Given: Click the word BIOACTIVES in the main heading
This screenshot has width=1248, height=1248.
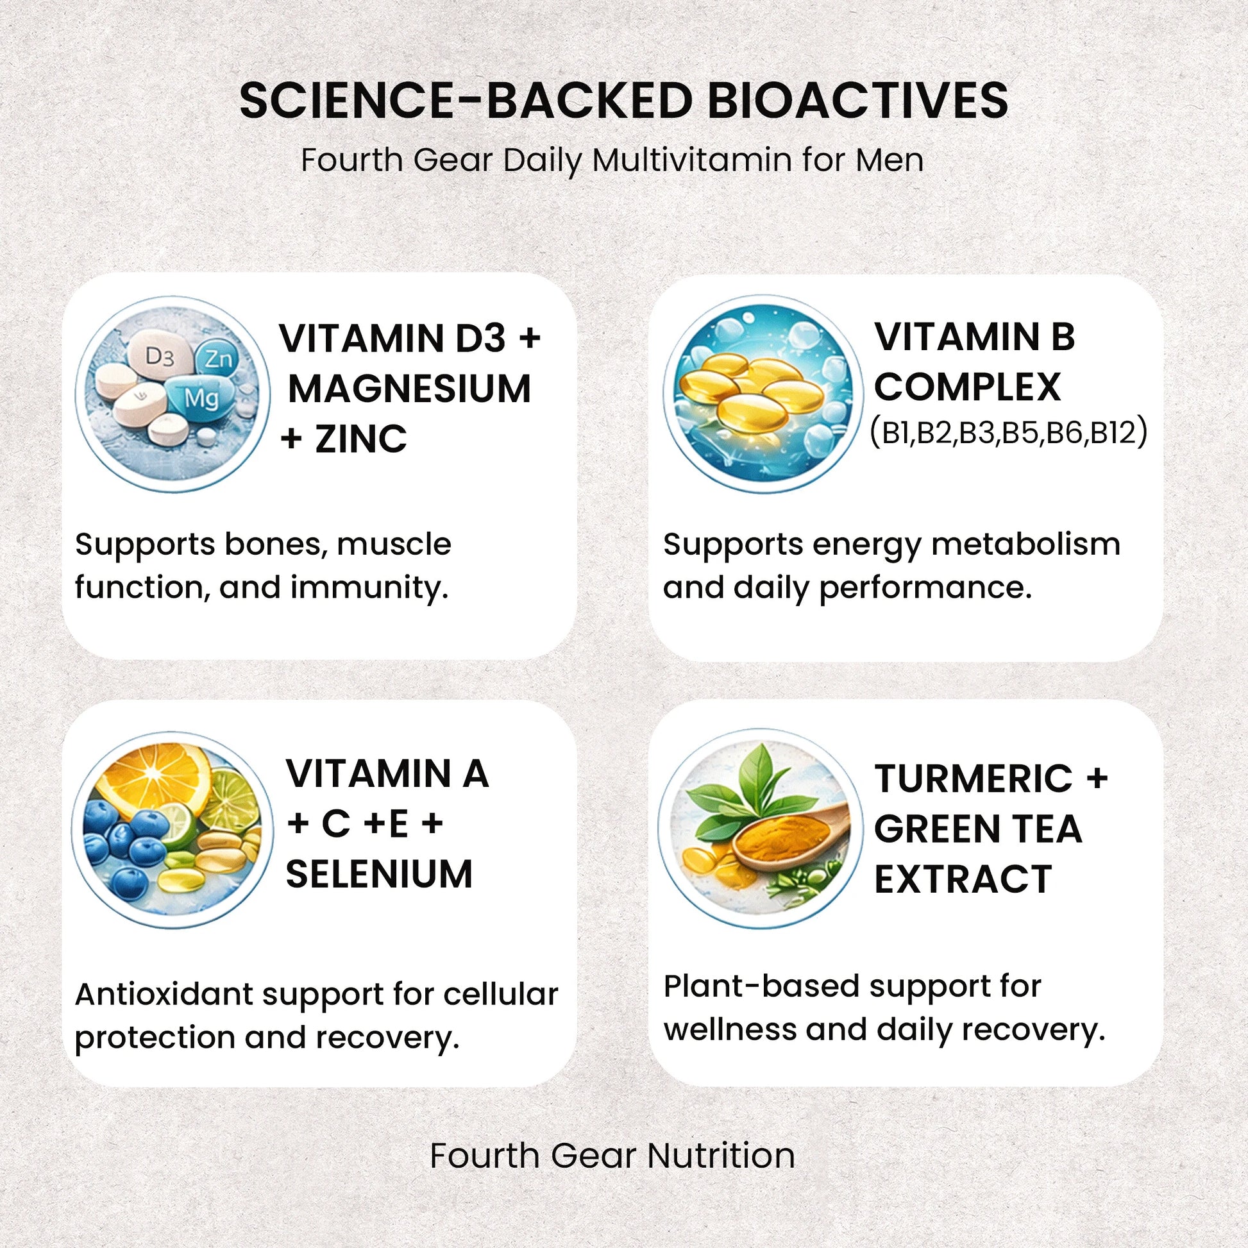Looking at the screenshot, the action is pos(858,100).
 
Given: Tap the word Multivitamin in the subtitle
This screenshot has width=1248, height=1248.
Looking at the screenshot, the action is pos(692,160).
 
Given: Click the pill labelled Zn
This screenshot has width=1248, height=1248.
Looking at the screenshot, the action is pos(217,359).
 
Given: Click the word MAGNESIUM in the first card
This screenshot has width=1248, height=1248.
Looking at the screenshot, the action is pos(410,389).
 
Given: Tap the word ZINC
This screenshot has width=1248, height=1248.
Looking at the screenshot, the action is pos(361,439).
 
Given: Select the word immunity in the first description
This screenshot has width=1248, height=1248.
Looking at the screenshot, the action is pos(368,587).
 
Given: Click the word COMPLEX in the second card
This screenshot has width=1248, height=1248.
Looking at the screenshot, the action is pos(967,386).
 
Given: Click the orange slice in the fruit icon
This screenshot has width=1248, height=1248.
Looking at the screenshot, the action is pos(158,776).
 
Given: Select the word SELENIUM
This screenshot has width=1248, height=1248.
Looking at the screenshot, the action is pos(379,874).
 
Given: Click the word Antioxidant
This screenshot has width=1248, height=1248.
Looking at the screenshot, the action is pos(164,994).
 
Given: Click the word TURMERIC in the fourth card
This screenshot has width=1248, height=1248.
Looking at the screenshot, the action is pos(973,779).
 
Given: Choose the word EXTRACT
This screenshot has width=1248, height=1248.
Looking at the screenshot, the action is pos(963,879).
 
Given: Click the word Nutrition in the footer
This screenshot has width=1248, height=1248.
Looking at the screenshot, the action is pos(721,1156).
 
